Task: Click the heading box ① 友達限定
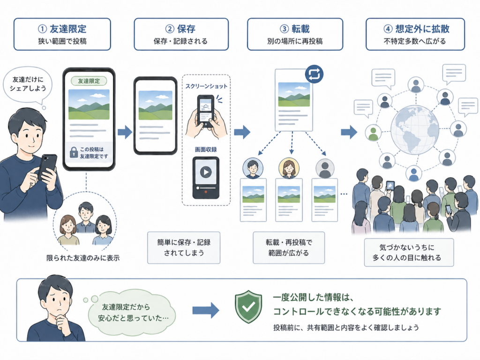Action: click(62, 34)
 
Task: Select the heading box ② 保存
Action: click(181, 34)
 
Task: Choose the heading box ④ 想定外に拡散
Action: click(415, 34)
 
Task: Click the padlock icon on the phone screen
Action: click(74, 152)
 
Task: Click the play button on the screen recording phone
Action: click(205, 172)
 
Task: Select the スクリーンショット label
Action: click(206, 87)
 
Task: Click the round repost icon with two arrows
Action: click(314, 74)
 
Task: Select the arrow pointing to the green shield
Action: click(206, 310)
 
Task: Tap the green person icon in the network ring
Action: click(373, 133)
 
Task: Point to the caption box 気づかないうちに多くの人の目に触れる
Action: click(409, 253)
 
